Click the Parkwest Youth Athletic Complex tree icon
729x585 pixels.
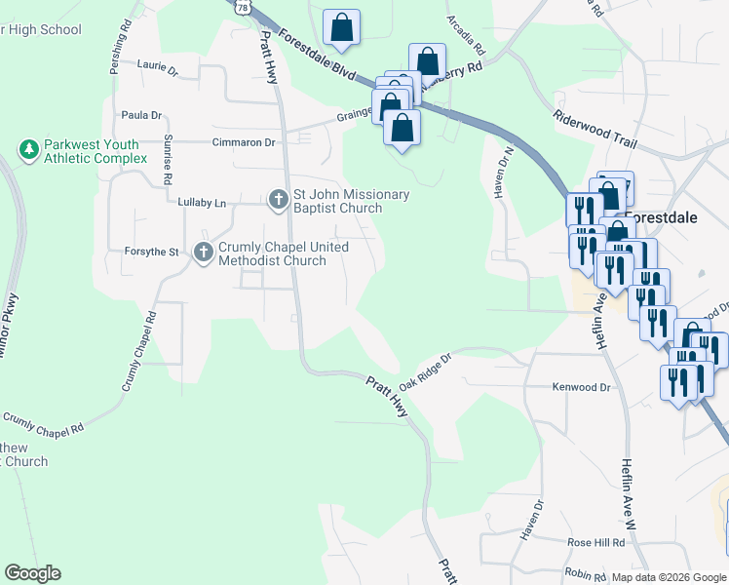[x=29, y=150]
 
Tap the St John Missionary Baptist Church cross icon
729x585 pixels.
[x=278, y=201]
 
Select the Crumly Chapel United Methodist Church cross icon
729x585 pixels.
[x=204, y=253]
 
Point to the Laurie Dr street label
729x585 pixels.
[x=158, y=70]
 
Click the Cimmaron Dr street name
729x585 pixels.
[x=244, y=142]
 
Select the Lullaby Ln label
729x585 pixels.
[x=202, y=203]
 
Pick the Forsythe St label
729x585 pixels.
[x=152, y=252]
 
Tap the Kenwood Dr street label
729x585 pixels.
[x=581, y=387]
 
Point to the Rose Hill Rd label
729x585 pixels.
[x=595, y=542]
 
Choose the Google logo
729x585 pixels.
[x=32, y=573]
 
